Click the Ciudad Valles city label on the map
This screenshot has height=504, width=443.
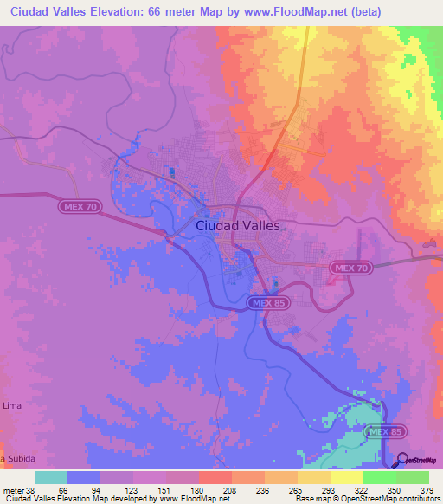[x=238, y=225]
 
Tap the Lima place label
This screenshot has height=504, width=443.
[x=13, y=404]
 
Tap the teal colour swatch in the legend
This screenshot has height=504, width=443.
[x=50, y=477]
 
